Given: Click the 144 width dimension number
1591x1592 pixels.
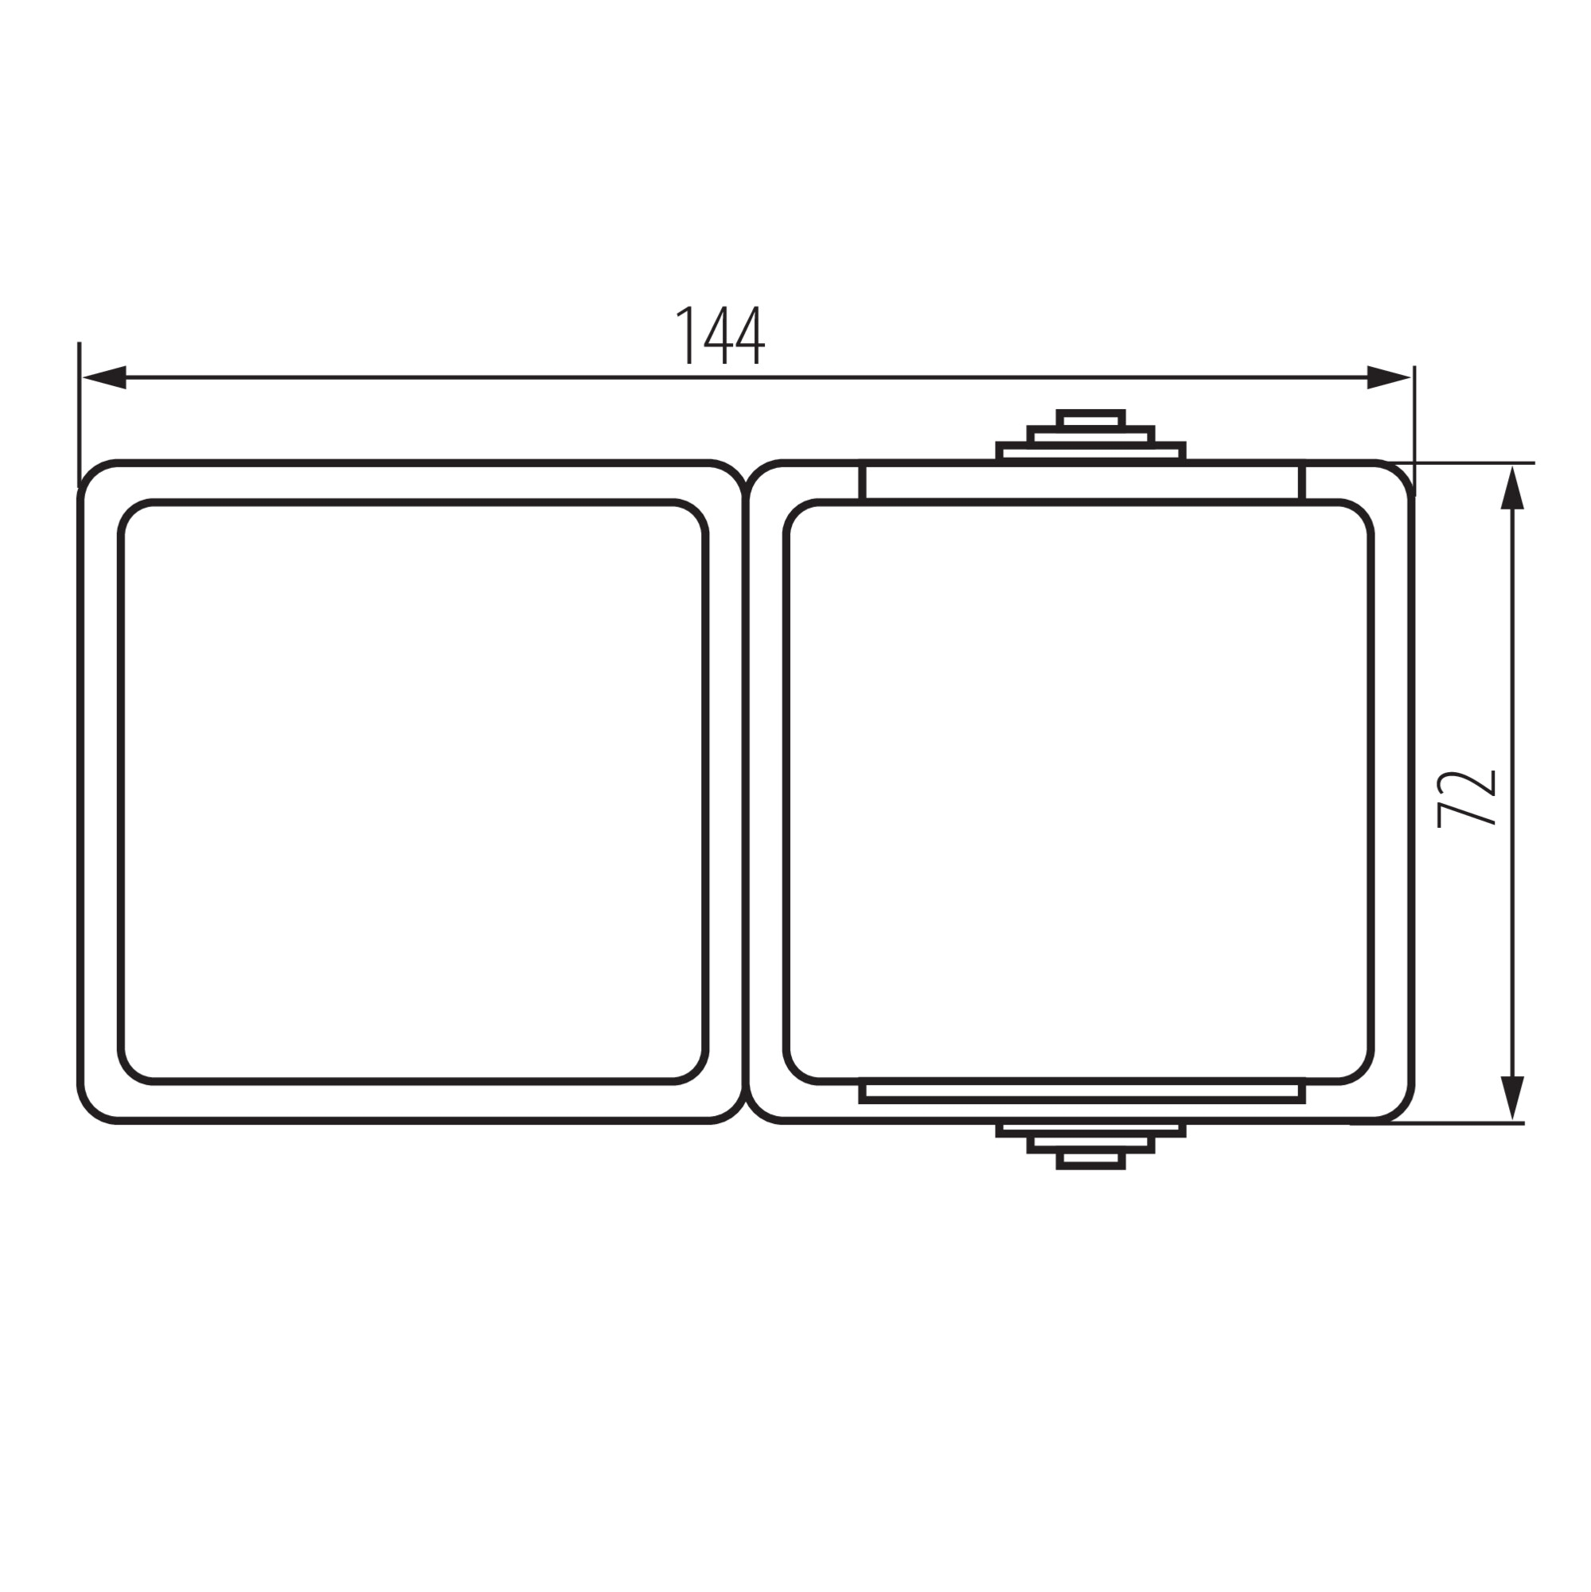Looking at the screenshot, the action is tap(721, 335).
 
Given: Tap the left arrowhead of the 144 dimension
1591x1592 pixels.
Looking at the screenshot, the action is tap(104, 377).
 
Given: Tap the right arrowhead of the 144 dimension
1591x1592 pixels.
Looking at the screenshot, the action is tap(1388, 377).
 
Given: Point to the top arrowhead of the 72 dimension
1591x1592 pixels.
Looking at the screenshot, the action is tap(1512, 489).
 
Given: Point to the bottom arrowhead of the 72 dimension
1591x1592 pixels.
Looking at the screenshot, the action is tap(1512, 1098).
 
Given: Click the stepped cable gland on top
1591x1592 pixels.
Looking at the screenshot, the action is tap(1090, 435).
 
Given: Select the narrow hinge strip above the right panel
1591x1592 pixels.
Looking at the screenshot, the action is tap(1082, 482).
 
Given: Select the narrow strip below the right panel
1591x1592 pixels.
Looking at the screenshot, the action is tap(1082, 1093).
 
